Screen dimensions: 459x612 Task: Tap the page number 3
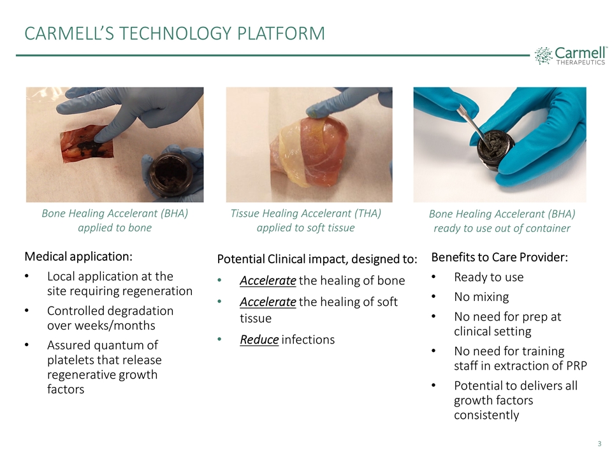click(600, 444)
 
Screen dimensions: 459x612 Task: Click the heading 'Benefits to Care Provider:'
click(499, 258)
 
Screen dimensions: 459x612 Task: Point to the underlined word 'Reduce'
click(259, 339)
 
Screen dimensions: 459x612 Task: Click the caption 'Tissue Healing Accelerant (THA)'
click(305, 214)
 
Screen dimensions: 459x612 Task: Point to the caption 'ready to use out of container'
click(502, 228)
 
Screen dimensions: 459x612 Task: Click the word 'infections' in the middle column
click(308, 339)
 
